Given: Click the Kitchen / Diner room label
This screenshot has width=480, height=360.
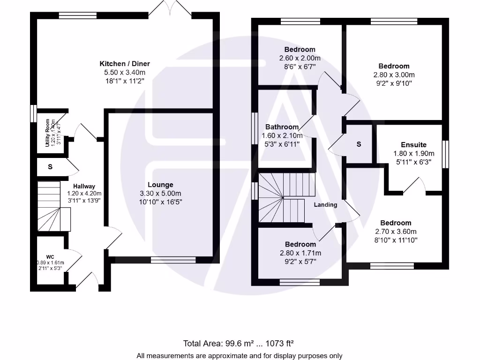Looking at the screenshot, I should point(125,64).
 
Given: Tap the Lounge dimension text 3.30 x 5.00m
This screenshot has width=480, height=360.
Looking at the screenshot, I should point(160,194).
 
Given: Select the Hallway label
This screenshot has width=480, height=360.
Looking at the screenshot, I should point(84,186).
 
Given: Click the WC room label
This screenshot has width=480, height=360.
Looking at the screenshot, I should point(51,256).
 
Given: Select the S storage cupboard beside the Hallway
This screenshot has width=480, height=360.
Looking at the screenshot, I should point(50,166).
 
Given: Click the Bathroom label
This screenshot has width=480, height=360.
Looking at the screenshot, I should point(282,127).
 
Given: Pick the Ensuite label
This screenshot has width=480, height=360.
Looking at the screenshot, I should point(413,145).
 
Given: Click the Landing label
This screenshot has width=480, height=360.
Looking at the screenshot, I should point(325,205).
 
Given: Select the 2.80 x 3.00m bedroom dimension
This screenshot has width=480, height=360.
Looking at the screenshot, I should point(394,75).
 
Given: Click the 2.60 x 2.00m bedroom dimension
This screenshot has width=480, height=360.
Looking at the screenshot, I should point(300,58).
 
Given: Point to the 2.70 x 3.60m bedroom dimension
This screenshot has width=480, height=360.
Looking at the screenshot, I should point(396,232).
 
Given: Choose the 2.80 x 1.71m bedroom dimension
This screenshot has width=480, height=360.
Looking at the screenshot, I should point(300,253).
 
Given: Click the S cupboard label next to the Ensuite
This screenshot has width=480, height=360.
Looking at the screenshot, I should point(359,144).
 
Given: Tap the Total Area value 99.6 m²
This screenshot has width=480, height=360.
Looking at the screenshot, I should point(220,343).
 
